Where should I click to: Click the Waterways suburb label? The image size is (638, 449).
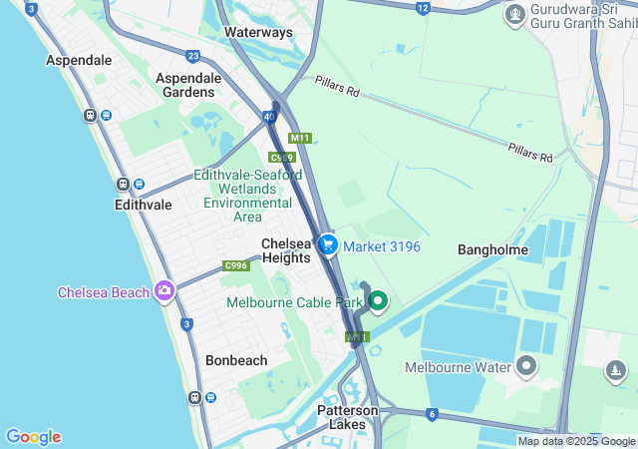258,32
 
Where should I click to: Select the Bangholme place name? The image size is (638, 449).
492,249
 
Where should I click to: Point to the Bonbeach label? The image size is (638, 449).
236,359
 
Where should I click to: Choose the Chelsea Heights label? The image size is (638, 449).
286,250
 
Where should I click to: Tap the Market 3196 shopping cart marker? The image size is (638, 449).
328,243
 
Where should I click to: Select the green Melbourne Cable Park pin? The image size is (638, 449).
378,302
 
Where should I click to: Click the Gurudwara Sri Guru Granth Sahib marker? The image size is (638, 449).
514,14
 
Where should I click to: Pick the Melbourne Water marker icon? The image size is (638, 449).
527,367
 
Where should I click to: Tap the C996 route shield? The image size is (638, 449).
236,265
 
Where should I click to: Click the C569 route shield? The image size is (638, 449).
282,158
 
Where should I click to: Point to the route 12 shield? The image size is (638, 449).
423,8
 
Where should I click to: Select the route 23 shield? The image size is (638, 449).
192,56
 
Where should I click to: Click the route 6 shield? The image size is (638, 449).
432,414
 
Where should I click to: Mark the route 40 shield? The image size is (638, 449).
270,117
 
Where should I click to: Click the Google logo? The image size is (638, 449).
34,437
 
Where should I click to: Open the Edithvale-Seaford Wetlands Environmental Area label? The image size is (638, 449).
247,196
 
